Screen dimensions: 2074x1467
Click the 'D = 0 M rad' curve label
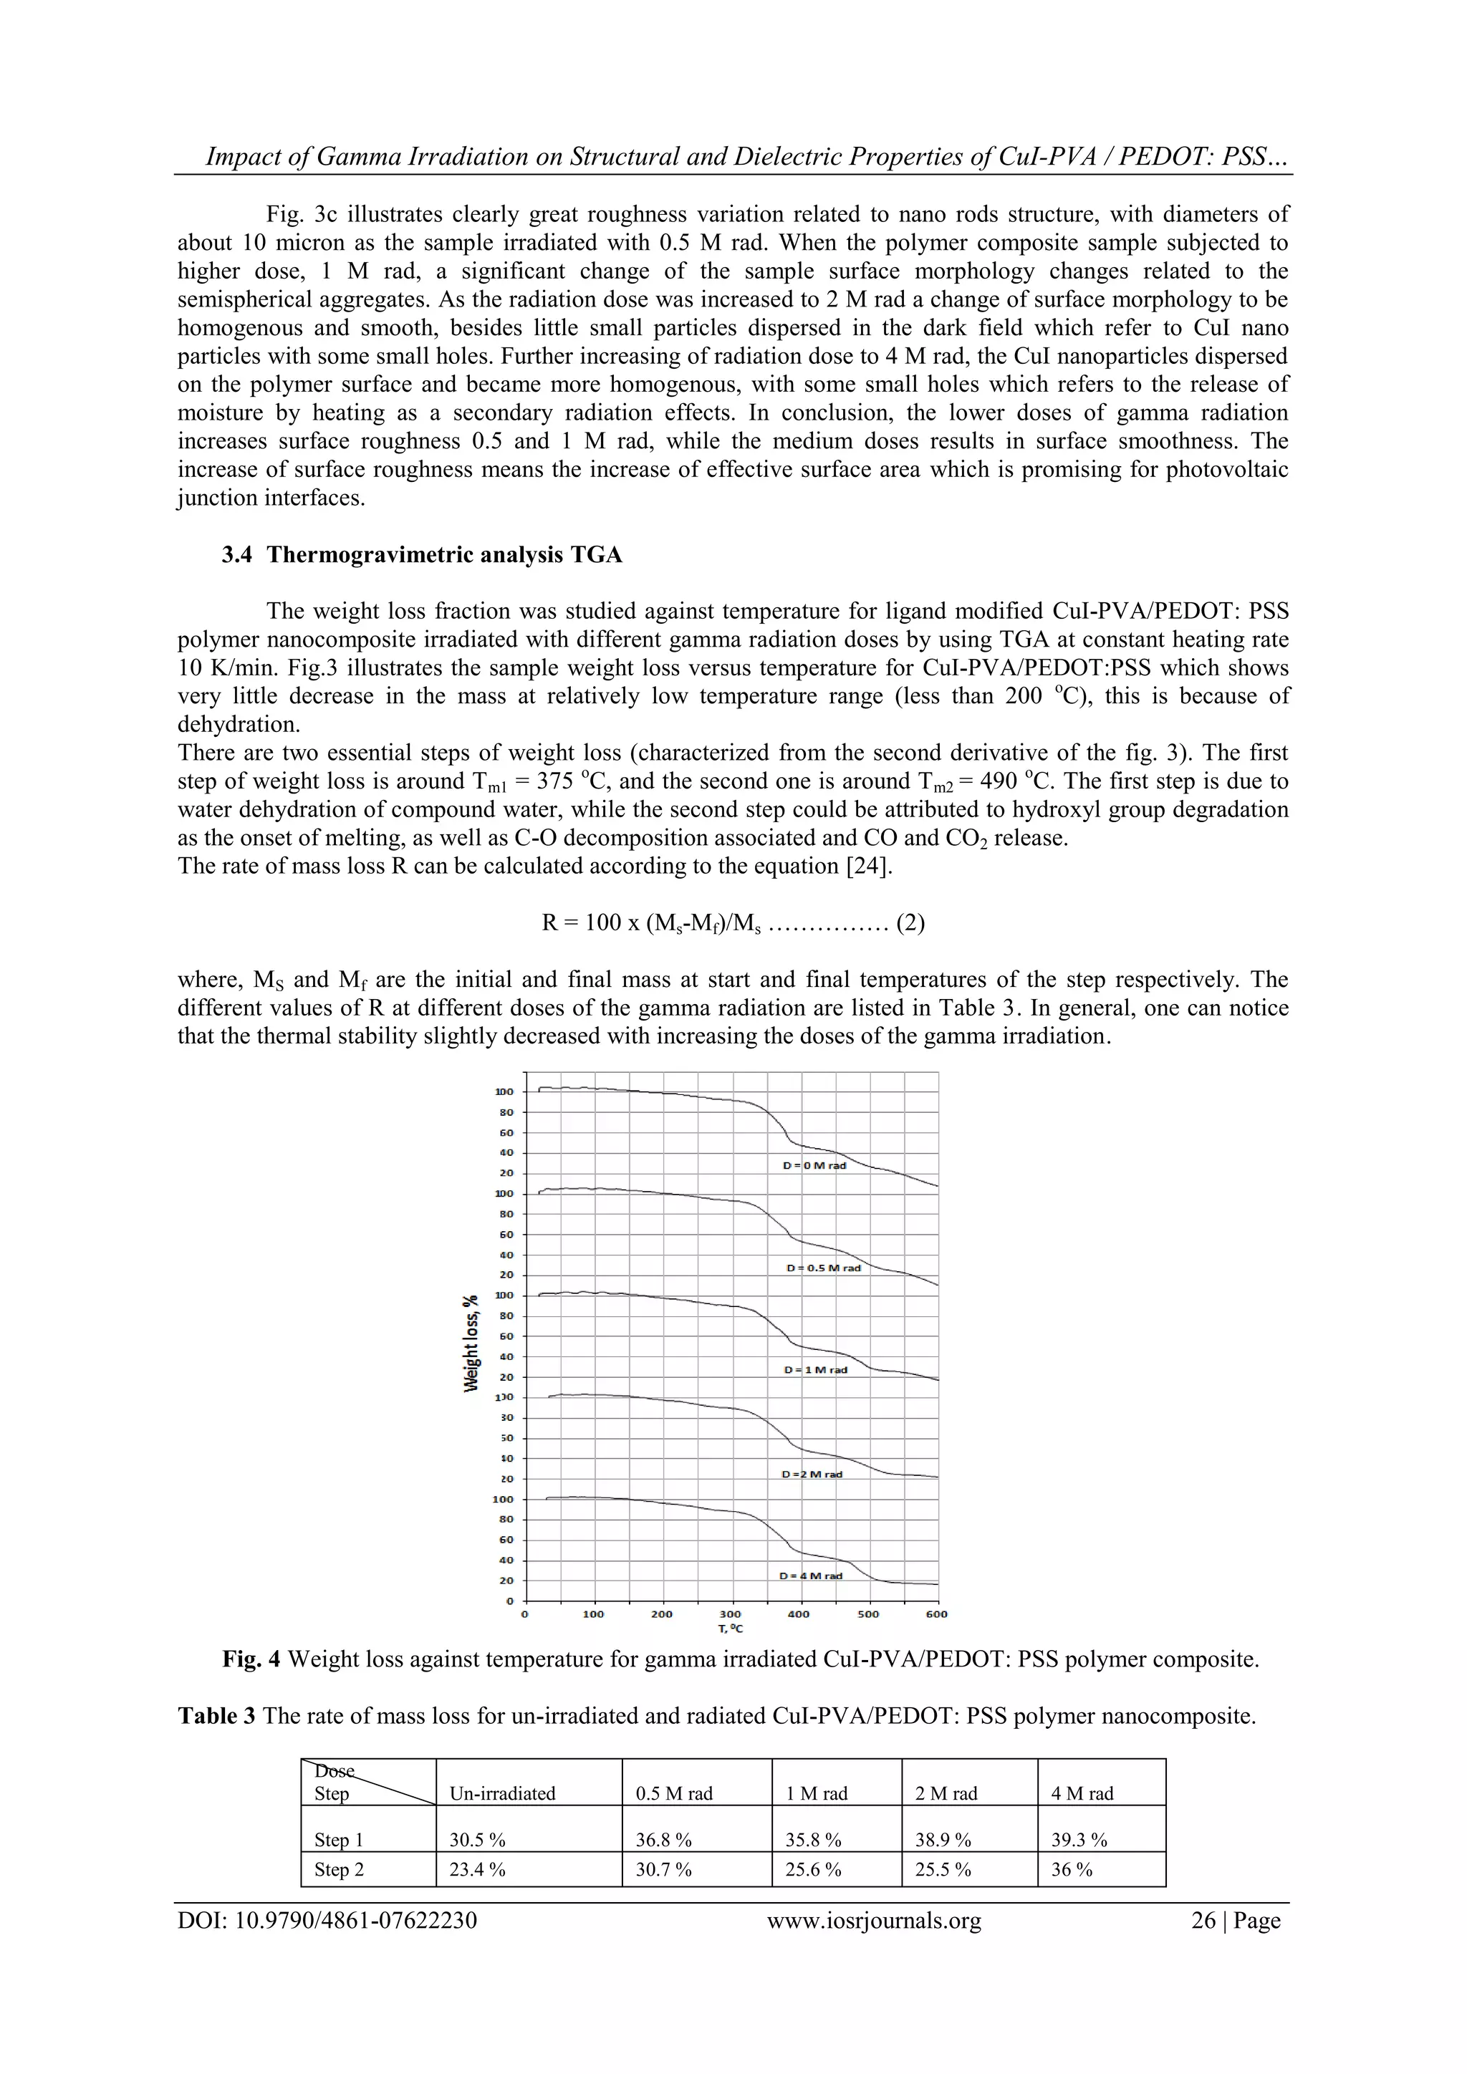point(814,1165)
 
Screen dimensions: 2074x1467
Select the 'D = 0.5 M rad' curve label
point(823,1268)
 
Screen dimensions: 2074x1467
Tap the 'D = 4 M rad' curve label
point(810,1576)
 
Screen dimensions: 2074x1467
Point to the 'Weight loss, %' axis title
point(471,1344)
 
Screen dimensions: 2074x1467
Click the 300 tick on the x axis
point(730,1614)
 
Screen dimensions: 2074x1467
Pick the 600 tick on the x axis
point(937,1614)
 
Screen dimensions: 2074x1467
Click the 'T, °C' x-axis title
point(730,1628)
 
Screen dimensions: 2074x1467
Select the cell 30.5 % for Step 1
point(477,1840)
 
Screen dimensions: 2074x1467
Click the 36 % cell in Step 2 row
point(1072,1870)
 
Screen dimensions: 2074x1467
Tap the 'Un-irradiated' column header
point(502,1794)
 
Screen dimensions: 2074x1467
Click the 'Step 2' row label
point(339,1870)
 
